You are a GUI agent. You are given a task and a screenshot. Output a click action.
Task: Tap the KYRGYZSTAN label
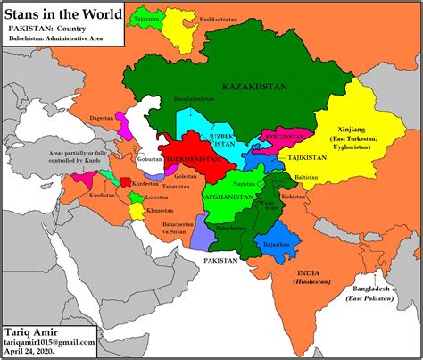click(x=283, y=136)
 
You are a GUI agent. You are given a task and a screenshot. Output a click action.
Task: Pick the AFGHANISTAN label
click(x=228, y=197)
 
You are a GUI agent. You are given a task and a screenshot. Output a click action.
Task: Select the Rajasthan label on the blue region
click(x=272, y=242)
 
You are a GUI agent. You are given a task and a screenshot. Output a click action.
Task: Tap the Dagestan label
click(x=101, y=118)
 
